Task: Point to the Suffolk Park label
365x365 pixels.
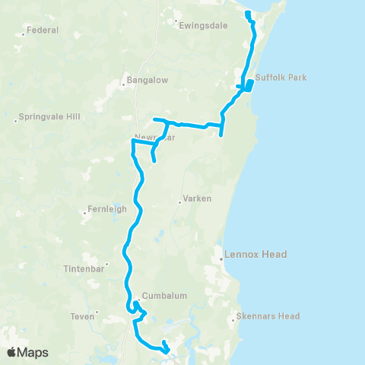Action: coord(279,78)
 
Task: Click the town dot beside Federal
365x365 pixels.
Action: coord(23,31)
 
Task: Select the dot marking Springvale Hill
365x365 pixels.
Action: coord(15,119)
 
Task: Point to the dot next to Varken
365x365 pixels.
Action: coord(179,202)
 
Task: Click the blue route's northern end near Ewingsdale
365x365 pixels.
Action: coord(247,12)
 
